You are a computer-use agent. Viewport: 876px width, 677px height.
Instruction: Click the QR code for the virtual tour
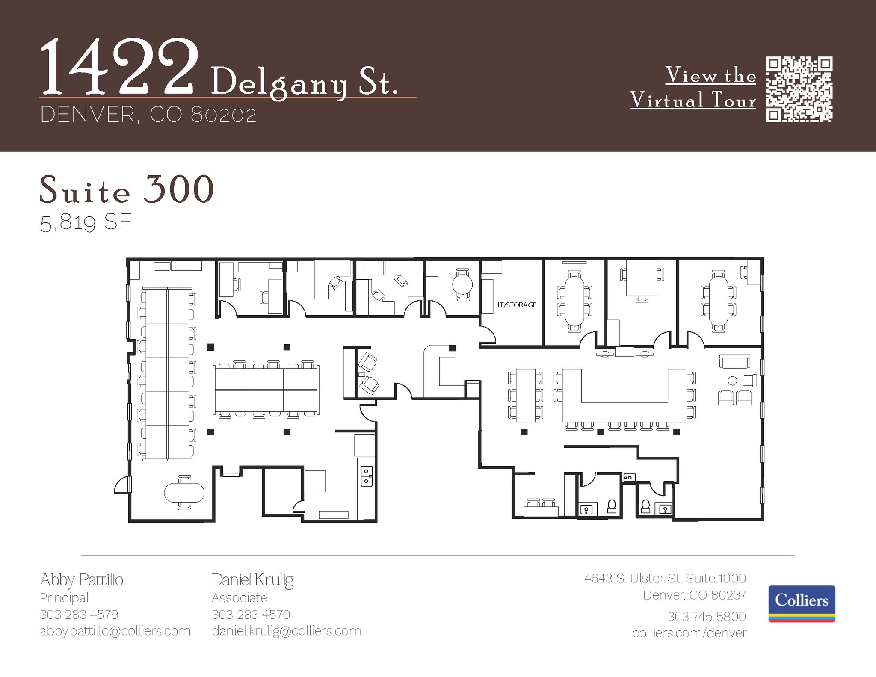(799, 90)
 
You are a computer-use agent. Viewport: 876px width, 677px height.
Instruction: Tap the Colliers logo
(802, 603)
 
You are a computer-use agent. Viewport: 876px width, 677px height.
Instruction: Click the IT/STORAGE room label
(517, 305)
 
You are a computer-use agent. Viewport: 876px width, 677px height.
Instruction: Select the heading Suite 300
(127, 189)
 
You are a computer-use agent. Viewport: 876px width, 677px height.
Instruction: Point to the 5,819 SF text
(85, 223)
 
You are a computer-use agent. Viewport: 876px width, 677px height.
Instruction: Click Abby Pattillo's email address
(115, 631)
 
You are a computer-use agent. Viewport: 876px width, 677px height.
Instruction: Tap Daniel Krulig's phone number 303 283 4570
(251, 615)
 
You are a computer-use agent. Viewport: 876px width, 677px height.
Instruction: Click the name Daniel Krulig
(252, 580)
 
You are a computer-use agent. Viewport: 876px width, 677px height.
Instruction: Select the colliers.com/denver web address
(689, 633)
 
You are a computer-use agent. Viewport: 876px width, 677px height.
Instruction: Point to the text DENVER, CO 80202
(148, 115)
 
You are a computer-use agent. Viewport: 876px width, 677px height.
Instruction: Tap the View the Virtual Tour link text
(693, 88)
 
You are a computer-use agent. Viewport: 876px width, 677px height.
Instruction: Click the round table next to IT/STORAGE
(462, 284)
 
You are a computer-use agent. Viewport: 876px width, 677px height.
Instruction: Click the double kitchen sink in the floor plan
(366, 476)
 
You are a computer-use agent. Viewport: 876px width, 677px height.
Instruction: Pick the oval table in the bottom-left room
(184, 493)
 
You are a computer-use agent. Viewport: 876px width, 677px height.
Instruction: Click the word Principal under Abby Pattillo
(65, 597)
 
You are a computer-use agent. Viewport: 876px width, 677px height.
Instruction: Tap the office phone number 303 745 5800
(706, 616)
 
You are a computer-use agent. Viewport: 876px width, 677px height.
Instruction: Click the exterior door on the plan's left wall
(122, 485)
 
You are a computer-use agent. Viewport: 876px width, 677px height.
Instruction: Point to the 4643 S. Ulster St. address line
(665, 578)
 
